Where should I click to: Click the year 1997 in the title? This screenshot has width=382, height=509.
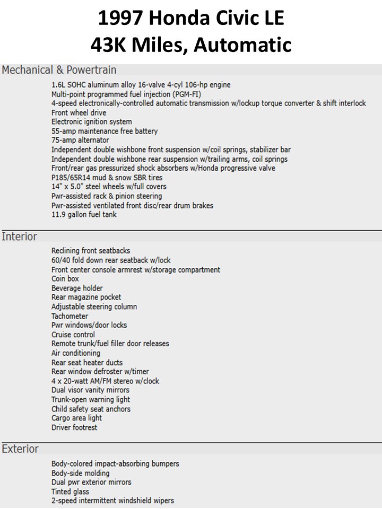click(120, 19)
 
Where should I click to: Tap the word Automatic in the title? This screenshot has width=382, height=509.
click(242, 45)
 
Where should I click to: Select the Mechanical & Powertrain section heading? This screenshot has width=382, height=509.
click(59, 70)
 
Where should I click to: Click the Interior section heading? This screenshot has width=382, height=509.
click(19, 236)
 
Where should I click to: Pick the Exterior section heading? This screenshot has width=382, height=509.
click(20, 449)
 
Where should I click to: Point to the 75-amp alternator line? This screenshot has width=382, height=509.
click(80, 141)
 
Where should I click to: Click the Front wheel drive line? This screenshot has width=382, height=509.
click(79, 113)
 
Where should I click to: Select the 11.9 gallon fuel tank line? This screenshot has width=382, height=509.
click(84, 215)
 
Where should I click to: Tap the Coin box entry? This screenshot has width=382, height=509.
click(65, 279)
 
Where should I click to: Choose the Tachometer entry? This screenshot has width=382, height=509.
click(70, 316)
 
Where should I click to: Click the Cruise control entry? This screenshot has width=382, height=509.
click(73, 335)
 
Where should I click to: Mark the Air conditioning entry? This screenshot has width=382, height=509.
click(76, 353)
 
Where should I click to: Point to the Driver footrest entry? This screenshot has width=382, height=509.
click(74, 427)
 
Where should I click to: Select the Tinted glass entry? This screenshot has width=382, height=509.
click(70, 492)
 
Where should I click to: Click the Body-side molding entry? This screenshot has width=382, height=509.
click(80, 473)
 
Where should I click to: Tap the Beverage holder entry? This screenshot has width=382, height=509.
click(77, 288)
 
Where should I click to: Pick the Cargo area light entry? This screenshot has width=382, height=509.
click(76, 418)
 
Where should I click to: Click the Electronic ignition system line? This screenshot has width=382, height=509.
click(92, 122)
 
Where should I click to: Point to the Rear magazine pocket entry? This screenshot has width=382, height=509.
click(86, 297)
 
